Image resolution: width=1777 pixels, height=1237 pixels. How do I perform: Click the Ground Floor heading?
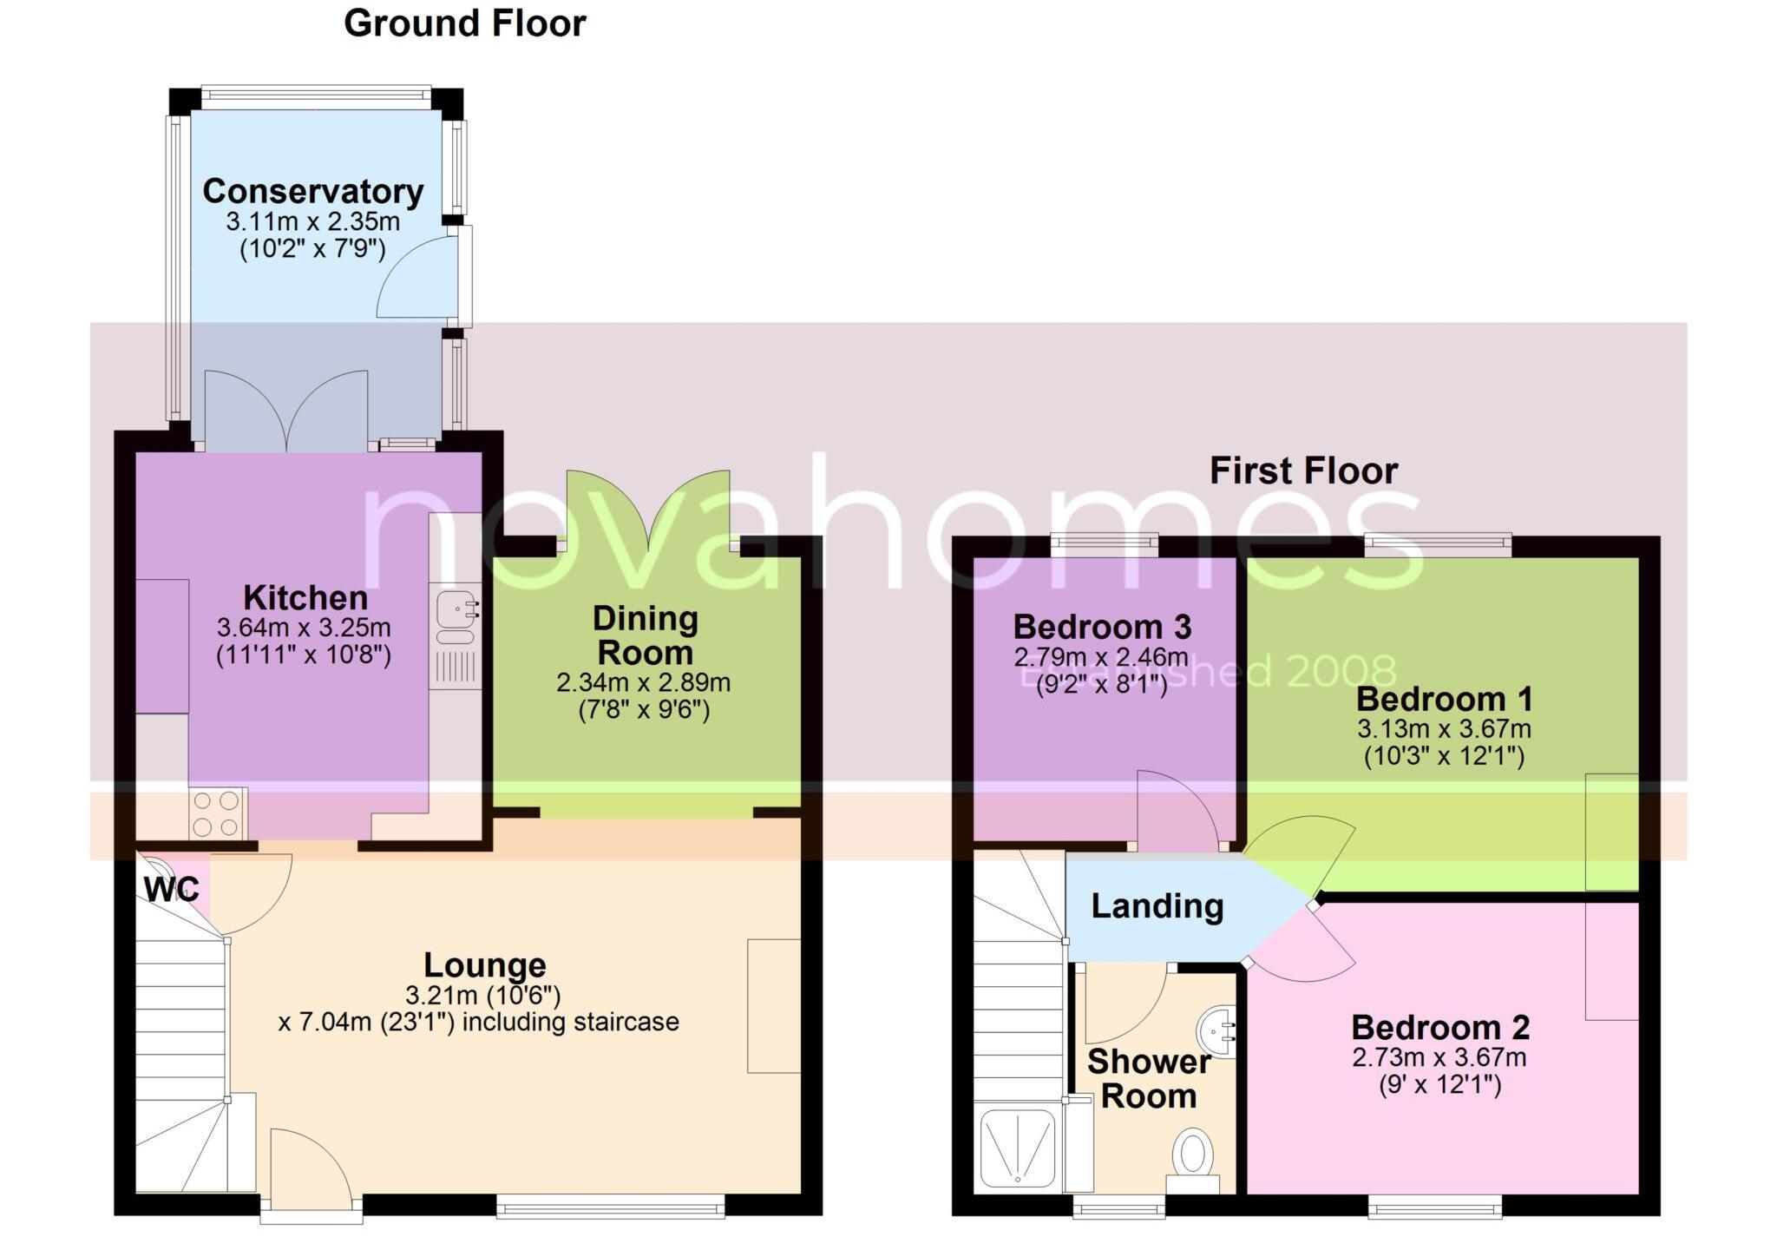click(464, 23)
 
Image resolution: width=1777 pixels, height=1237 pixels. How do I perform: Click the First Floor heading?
click(1303, 471)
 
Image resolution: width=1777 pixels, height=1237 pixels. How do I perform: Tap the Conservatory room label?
click(312, 191)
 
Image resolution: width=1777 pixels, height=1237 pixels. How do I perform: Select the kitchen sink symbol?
click(456, 608)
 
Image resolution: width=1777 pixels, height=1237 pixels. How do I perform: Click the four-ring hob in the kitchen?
click(217, 813)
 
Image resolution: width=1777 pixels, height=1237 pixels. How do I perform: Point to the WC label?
click(171, 890)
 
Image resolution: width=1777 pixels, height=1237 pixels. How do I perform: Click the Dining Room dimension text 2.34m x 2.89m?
click(643, 683)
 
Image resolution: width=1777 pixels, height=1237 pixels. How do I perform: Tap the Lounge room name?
click(484, 964)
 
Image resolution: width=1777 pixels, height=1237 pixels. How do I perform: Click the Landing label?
click(1157, 906)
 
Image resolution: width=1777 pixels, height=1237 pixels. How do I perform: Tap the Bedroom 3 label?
click(1102, 627)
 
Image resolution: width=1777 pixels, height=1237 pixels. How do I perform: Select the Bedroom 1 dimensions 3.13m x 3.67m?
click(1444, 728)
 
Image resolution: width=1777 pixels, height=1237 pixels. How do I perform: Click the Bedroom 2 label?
click(1439, 1028)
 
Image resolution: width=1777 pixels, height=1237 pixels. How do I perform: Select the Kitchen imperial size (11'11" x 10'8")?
click(303, 655)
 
